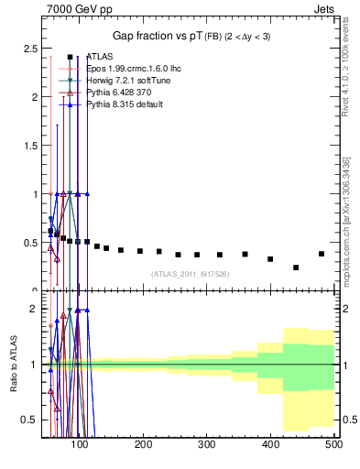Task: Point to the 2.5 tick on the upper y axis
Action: pyautogui.click(x=33, y=48)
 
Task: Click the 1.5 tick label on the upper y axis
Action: pyautogui.click(x=33, y=146)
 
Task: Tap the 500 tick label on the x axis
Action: pyautogui.click(x=333, y=445)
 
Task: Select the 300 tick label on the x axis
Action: pyautogui.click(x=207, y=445)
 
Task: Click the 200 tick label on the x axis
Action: pyautogui.click(x=143, y=445)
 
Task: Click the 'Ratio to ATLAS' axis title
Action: pyautogui.click(x=14, y=365)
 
